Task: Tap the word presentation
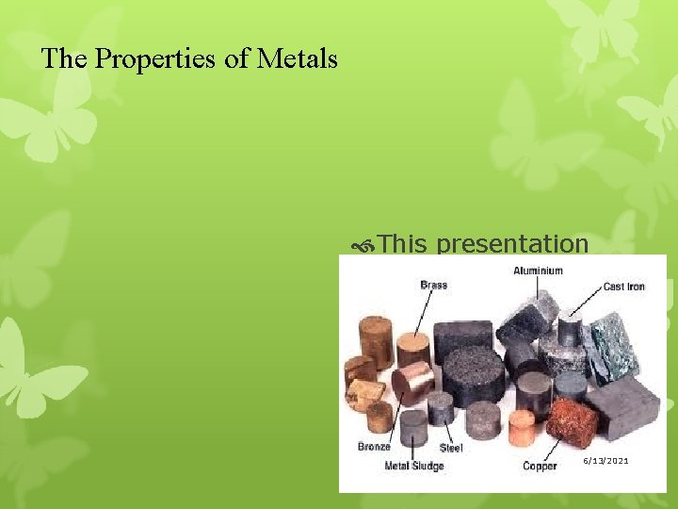[x=512, y=244]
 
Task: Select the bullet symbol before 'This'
[x=364, y=245]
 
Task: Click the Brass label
[x=433, y=285]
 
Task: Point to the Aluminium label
[x=538, y=271]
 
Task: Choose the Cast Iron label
[x=623, y=287]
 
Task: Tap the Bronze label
[x=374, y=447]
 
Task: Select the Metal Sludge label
[x=412, y=466]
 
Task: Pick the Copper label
[x=540, y=466]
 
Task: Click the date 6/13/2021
[x=605, y=460]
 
